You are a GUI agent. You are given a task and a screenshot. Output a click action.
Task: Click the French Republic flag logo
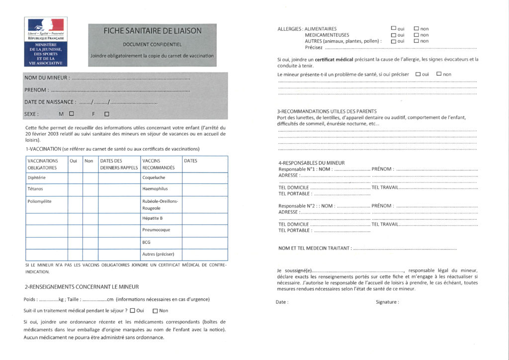(x=46, y=25)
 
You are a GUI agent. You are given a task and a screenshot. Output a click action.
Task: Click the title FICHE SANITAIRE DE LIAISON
(x=153, y=31)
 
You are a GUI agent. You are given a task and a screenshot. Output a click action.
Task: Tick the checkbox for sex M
(x=72, y=113)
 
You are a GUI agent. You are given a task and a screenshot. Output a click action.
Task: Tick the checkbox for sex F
(x=107, y=114)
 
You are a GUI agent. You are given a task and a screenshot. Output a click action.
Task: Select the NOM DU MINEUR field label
(x=47, y=78)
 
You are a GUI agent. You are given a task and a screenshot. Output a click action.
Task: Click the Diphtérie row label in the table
(x=37, y=178)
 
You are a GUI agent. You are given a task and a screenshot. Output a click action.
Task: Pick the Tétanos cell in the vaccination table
(x=36, y=189)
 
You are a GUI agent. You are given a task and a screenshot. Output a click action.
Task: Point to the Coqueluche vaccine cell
(x=154, y=178)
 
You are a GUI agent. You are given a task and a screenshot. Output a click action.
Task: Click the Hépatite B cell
(x=153, y=218)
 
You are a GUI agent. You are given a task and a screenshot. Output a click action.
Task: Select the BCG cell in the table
(x=146, y=242)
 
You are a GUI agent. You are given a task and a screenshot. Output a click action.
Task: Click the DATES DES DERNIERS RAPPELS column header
(x=119, y=164)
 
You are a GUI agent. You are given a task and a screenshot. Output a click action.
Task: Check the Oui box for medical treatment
(x=133, y=311)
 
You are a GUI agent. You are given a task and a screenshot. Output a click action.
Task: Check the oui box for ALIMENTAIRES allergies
(x=394, y=28)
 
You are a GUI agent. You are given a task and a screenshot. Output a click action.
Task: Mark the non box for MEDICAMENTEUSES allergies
(x=416, y=35)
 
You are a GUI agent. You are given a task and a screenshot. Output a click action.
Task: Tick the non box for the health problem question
(x=439, y=74)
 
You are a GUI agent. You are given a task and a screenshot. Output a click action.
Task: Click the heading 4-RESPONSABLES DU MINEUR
(x=311, y=163)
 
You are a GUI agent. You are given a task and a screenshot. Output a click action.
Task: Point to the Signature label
(x=387, y=302)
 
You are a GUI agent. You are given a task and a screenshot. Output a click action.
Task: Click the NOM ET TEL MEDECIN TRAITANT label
(x=315, y=248)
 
